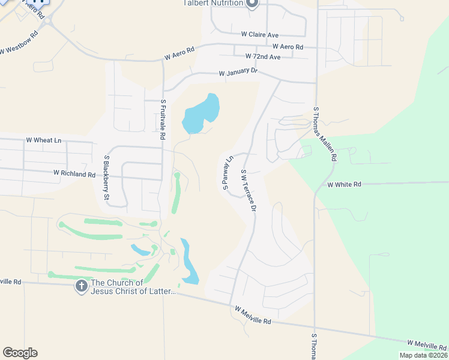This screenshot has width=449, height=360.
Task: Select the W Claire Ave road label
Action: [261, 35]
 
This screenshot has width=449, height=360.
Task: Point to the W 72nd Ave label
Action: [263, 57]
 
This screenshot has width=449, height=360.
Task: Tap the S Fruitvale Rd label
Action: [163, 120]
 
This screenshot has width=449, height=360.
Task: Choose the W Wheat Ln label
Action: [43, 140]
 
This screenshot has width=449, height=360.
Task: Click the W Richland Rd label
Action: [74, 174]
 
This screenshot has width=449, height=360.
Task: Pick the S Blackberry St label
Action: [107, 178]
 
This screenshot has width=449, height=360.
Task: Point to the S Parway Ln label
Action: [228, 173]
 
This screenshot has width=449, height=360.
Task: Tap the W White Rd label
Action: [345, 185]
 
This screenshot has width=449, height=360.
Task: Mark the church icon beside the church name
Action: [81, 287]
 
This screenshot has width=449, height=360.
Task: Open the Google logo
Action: [20, 353]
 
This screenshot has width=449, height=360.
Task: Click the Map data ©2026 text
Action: [423, 355]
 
